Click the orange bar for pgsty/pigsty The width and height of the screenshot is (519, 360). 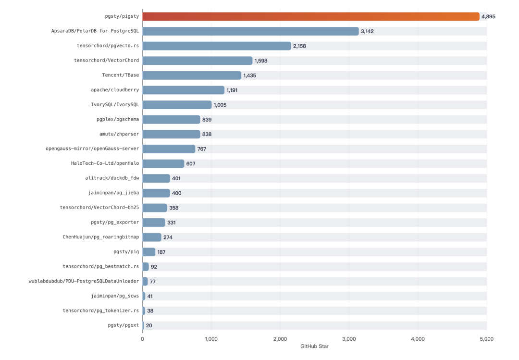[x=311, y=16]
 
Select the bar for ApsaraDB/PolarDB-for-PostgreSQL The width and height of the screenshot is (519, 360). [x=250, y=31]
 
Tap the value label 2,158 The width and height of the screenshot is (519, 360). [x=299, y=46]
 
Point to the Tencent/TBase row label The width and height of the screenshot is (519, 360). [x=120, y=75]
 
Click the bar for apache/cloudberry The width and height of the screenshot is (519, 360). [x=184, y=90]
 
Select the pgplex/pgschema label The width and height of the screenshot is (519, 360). [x=118, y=119]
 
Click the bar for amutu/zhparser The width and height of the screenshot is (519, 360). [x=171, y=134]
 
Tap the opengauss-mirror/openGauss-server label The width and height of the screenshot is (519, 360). [x=92, y=149]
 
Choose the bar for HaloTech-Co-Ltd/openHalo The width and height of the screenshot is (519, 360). [x=163, y=163]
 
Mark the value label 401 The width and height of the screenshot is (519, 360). [x=177, y=178]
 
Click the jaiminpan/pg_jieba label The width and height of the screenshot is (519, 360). [x=113, y=193]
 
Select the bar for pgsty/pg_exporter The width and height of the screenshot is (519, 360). [x=154, y=223]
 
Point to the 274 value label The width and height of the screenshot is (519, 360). [x=168, y=237]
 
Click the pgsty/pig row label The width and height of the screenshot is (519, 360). [x=126, y=252]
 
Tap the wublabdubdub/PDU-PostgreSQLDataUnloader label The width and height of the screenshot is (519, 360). [x=84, y=281]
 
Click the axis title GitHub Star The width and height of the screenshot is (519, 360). [x=314, y=347]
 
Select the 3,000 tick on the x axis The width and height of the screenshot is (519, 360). [x=349, y=339]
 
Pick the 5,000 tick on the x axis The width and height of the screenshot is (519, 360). [x=486, y=339]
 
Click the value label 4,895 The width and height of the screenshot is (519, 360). [x=488, y=16]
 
